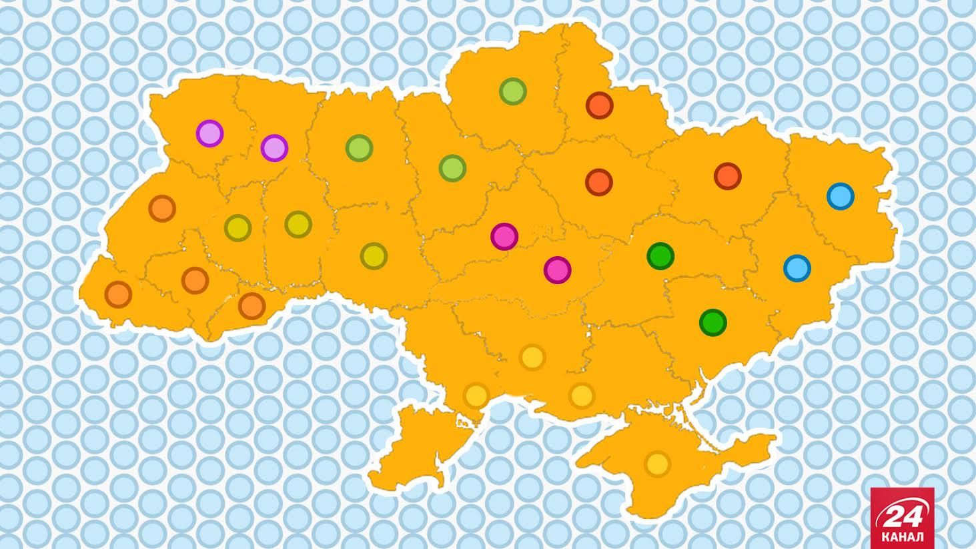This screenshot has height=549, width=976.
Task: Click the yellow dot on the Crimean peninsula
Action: point(657,464)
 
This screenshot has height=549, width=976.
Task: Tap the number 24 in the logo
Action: point(902,516)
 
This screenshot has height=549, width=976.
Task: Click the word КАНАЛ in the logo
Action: point(902,536)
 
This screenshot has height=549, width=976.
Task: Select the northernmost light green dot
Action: point(512,91)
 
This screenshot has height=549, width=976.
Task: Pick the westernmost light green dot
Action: point(359,147)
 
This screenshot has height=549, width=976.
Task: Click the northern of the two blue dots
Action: point(840,196)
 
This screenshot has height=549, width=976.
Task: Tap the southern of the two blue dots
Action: point(797,268)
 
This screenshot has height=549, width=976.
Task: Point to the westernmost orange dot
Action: point(118,294)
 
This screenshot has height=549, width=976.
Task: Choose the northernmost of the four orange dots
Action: point(161,209)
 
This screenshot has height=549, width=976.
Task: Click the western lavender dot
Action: point(209,133)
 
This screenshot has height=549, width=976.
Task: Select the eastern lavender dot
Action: point(274,148)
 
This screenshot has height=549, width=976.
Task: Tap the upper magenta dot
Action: point(504,236)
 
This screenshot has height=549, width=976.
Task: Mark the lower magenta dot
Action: point(557,270)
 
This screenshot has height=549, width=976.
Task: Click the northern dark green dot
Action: point(660,255)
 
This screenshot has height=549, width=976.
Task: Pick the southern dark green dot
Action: point(712,322)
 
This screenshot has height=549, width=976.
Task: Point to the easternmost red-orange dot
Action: point(727,176)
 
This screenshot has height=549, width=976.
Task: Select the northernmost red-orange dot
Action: point(599,105)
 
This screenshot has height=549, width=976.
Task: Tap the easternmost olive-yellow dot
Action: point(374,256)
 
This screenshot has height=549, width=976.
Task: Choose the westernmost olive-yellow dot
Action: point(237,228)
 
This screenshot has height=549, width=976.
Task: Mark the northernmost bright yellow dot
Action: point(532,358)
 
